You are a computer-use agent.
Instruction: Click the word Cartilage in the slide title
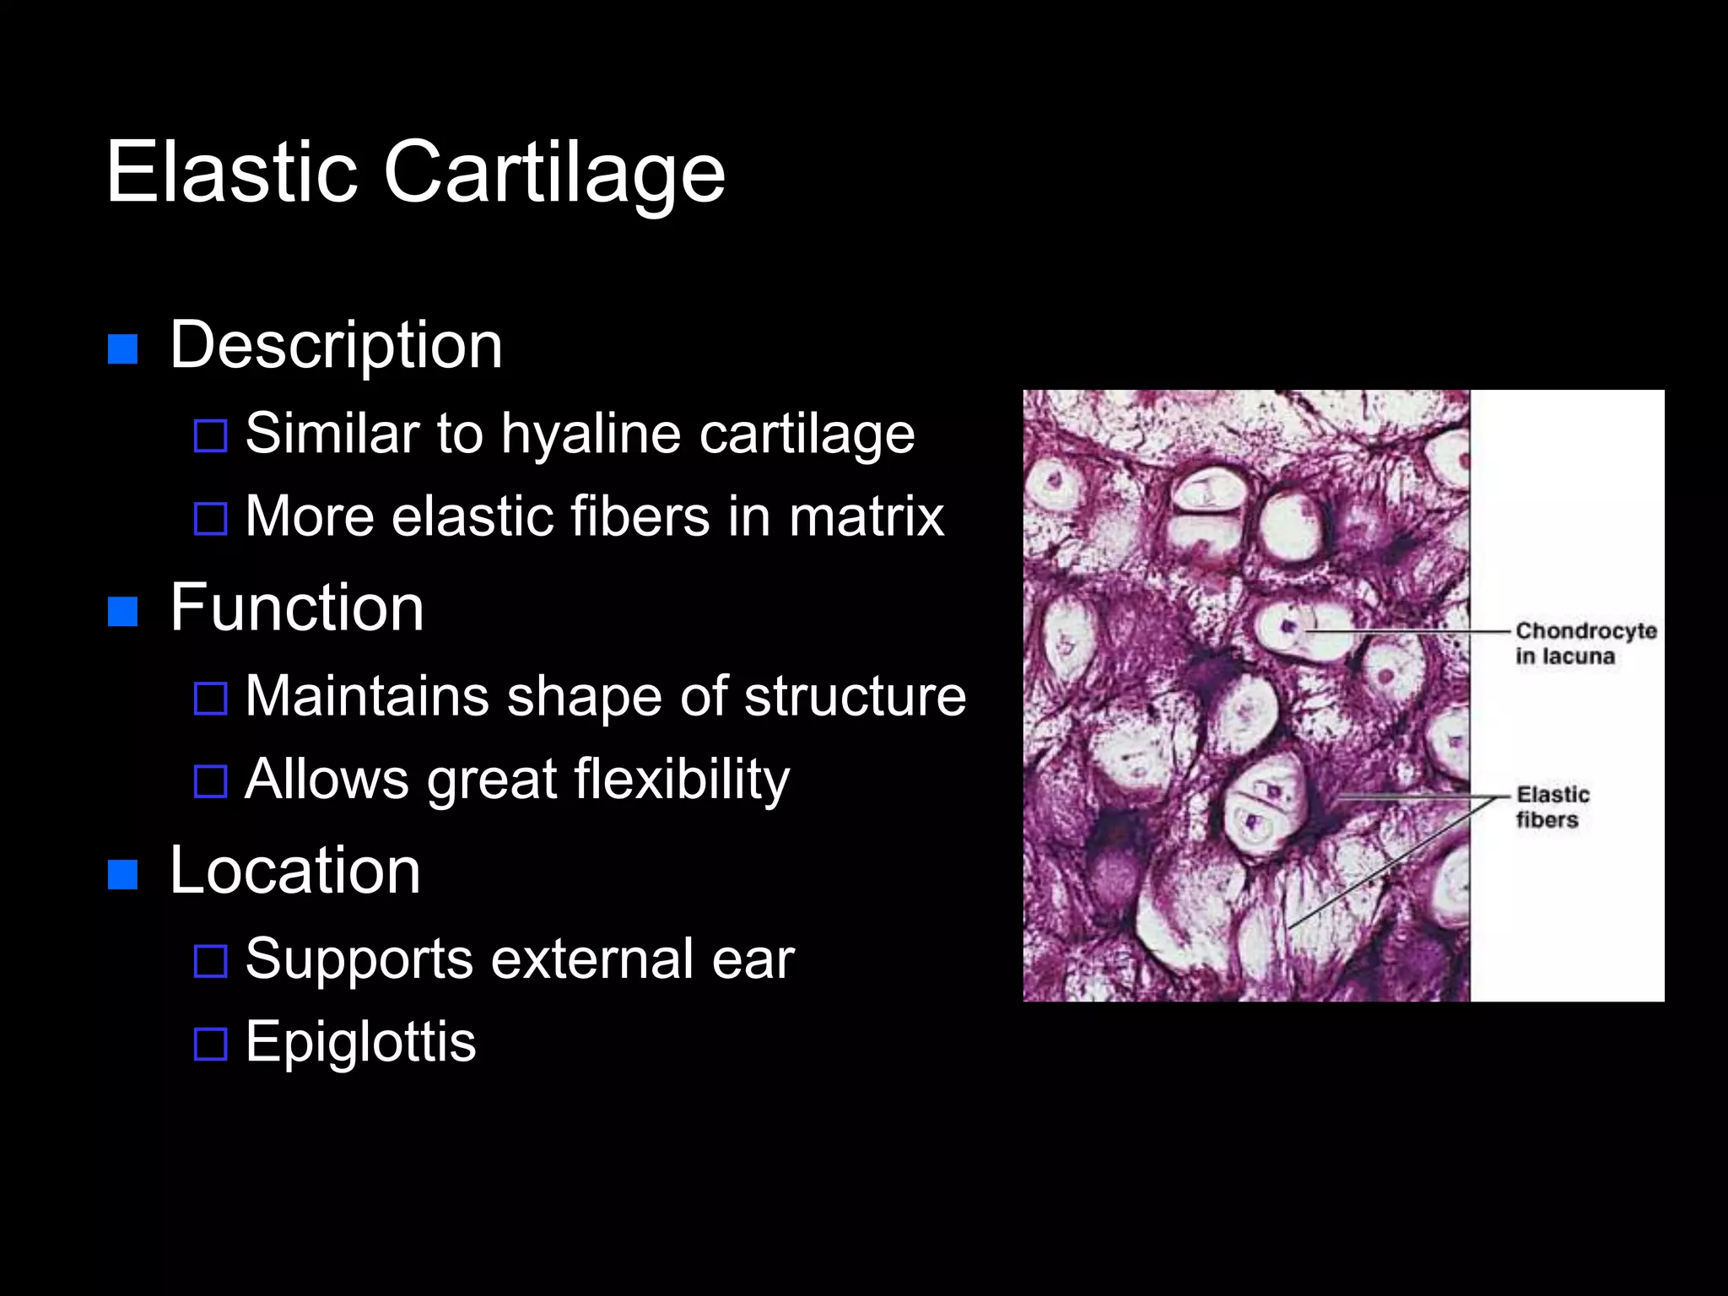[554, 173]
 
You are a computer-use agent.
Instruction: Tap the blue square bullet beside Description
[123, 348]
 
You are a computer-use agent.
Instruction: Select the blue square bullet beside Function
[123, 611]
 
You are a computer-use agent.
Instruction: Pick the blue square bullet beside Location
[123, 874]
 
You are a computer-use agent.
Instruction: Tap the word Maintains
[367, 696]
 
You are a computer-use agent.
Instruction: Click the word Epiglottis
[360, 1042]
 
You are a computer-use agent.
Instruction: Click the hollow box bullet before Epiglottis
[210, 1045]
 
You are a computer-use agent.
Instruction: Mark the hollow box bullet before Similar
[210, 436]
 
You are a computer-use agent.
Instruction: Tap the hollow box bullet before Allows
[210, 781]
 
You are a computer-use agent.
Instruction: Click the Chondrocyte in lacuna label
[1584, 643]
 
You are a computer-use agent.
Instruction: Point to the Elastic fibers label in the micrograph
[1552, 807]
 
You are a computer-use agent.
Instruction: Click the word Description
[336, 346]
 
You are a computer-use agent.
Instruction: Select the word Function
[296, 608]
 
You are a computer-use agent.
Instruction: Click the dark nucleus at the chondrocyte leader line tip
[1288, 627]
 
